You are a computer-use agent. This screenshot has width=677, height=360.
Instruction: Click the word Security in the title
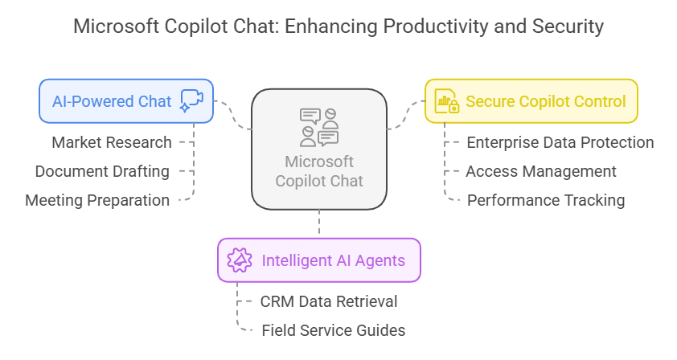click(x=568, y=27)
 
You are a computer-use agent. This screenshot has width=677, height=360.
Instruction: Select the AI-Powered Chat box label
click(x=112, y=101)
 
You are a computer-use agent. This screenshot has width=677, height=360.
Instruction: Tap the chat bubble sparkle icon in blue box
click(x=191, y=101)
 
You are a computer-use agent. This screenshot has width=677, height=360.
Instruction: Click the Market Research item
click(x=112, y=142)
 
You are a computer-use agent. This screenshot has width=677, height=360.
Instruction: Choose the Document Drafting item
click(x=102, y=171)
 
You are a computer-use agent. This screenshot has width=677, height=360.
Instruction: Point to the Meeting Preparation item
click(x=97, y=200)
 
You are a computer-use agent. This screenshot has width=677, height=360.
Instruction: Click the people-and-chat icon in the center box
click(x=319, y=128)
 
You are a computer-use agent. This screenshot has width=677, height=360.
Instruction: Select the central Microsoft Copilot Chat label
click(x=319, y=171)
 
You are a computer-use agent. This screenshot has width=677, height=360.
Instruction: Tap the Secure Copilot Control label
click(x=546, y=101)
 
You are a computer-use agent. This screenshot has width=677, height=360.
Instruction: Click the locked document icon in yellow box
click(x=446, y=101)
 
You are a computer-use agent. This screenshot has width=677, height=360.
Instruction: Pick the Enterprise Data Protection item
click(x=560, y=142)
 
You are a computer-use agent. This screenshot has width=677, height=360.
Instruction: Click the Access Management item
click(x=541, y=171)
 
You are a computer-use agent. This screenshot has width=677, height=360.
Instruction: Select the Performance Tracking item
click(x=546, y=200)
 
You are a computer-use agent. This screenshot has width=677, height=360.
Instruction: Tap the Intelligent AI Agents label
click(x=334, y=260)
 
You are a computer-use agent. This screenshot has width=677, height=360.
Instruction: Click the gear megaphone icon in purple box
click(x=240, y=260)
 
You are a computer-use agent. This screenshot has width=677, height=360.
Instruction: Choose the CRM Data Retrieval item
click(x=329, y=301)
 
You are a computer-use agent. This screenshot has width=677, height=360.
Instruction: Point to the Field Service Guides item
click(x=334, y=330)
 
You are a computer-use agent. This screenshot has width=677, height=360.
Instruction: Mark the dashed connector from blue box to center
click(x=232, y=115)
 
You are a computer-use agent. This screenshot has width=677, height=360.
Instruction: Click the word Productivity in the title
click(x=436, y=27)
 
